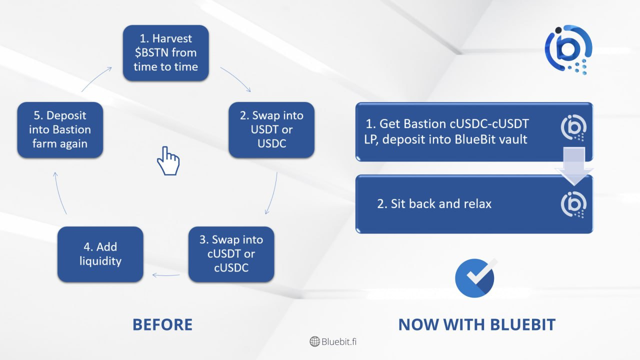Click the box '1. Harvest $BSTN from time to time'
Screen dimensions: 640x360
point(165,53)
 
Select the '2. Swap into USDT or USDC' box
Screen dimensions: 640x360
point(271,129)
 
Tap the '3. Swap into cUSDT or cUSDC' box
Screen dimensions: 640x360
point(231,254)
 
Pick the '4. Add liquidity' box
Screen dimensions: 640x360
point(100,254)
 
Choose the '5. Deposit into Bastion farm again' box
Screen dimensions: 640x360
point(60,129)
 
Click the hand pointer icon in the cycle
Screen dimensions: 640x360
point(168,161)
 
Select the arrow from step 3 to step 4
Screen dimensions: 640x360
point(166,275)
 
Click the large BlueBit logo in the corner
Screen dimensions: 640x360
point(568,49)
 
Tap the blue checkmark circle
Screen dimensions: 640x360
point(475,278)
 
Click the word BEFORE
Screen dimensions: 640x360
point(162,325)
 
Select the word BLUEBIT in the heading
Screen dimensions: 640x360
point(523,325)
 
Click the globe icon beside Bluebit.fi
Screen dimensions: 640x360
point(314,341)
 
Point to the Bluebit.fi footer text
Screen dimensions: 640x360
point(339,341)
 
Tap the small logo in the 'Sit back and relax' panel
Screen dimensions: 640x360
point(573,205)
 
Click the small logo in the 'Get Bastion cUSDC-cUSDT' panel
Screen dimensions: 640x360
point(573,127)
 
